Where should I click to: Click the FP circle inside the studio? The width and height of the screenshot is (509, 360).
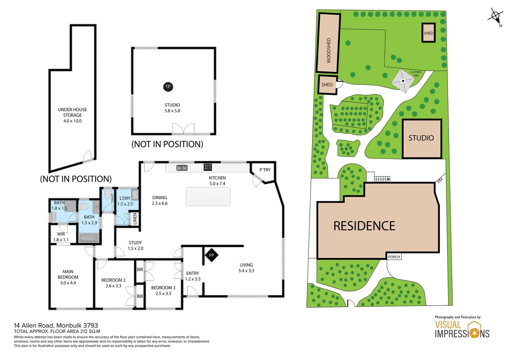[168, 87]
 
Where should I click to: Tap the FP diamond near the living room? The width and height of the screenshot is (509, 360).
[211, 255]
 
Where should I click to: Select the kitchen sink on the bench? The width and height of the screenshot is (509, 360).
[182, 168]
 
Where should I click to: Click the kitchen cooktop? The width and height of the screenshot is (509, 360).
[208, 167]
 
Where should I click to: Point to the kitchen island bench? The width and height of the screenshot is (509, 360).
[208, 197]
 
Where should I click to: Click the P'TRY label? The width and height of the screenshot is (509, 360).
[265, 170]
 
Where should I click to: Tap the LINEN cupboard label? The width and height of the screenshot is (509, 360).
[135, 219]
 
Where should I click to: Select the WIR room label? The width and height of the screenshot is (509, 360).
[61, 234]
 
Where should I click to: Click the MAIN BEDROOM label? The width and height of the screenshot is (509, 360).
[68, 274]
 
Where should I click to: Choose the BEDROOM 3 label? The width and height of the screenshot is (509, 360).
[163, 288]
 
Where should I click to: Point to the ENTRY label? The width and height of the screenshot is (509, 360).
[193, 273]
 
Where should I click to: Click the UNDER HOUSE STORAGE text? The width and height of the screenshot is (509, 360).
[72, 112]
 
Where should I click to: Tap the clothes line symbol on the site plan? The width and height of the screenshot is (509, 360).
[403, 81]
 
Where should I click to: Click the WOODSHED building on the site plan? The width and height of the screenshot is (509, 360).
[328, 43]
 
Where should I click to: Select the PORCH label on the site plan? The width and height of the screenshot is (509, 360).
[394, 257]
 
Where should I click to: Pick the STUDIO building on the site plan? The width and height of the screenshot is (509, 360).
[421, 138]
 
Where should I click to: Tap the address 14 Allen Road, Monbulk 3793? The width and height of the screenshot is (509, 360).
[56, 325]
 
